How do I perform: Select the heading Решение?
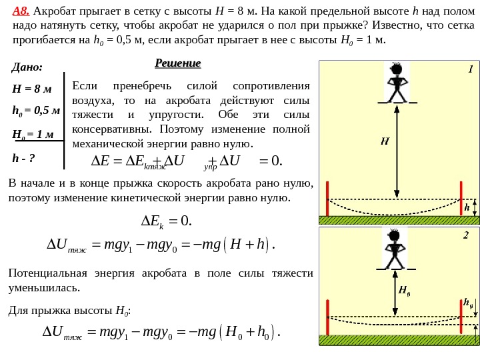[177, 63]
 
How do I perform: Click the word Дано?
[27, 67]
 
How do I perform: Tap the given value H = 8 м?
[32, 89]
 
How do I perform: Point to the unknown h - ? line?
[23, 158]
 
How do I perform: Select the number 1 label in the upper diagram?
[469, 69]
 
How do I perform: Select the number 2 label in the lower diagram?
[466, 235]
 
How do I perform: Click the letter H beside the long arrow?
[385, 141]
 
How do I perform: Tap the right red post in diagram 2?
[461, 317]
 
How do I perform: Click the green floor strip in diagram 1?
[399, 219]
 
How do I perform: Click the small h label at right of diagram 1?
[466, 207]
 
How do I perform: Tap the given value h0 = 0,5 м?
[36, 111]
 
